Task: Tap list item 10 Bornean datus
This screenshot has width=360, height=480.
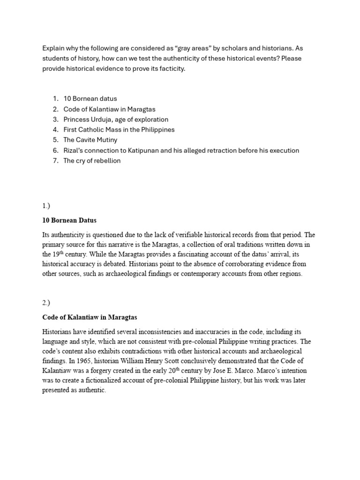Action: [x=90, y=98]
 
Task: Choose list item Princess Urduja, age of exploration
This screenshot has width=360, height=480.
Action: [x=116, y=119]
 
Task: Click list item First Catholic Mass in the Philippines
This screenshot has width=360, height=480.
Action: [x=119, y=129]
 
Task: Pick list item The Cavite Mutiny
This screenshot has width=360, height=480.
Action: [x=90, y=140]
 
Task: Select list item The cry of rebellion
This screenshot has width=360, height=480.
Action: [x=92, y=161]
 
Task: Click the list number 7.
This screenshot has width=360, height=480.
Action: [x=55, y=161]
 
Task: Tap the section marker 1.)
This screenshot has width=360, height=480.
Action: [x=46, y=205]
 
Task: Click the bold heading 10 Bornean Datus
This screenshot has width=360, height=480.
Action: [x=69, y=220]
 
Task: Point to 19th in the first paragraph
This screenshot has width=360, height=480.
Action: [x=57, y=254]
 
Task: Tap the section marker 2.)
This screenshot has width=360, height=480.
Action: [x=46, y=303]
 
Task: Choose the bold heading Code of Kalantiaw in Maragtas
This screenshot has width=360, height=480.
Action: [x=90, y=317]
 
